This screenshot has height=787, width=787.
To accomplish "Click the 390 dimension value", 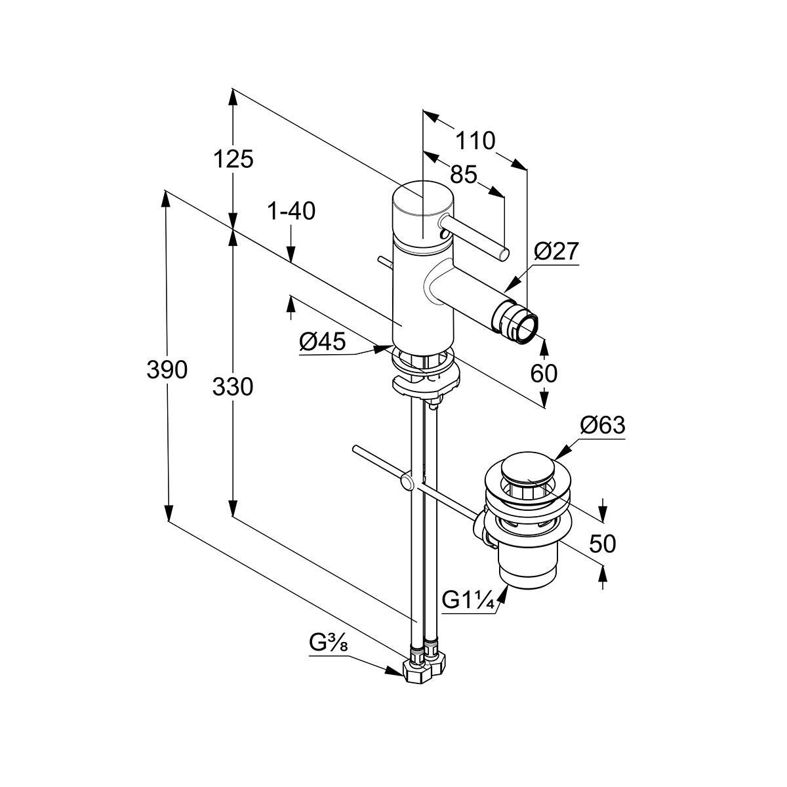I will tap(167, 371).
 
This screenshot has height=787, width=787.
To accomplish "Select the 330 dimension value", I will tap(233, 387).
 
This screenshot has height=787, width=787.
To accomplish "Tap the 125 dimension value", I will tap(233, 159).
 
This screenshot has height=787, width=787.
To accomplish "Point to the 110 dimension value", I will tap(475, 140).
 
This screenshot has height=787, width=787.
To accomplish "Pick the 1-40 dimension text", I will tap(291, 211).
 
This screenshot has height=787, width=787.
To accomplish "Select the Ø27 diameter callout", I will tap(556, 252).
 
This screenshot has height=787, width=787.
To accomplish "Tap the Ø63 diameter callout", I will tap(602, 426).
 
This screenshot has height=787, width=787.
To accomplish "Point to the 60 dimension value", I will tap(544, 373).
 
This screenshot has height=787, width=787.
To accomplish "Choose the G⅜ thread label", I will tap(328, 643).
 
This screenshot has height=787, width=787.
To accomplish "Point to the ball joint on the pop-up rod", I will tap(407, 485).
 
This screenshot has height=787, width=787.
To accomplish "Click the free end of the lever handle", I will tap(503, 254).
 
